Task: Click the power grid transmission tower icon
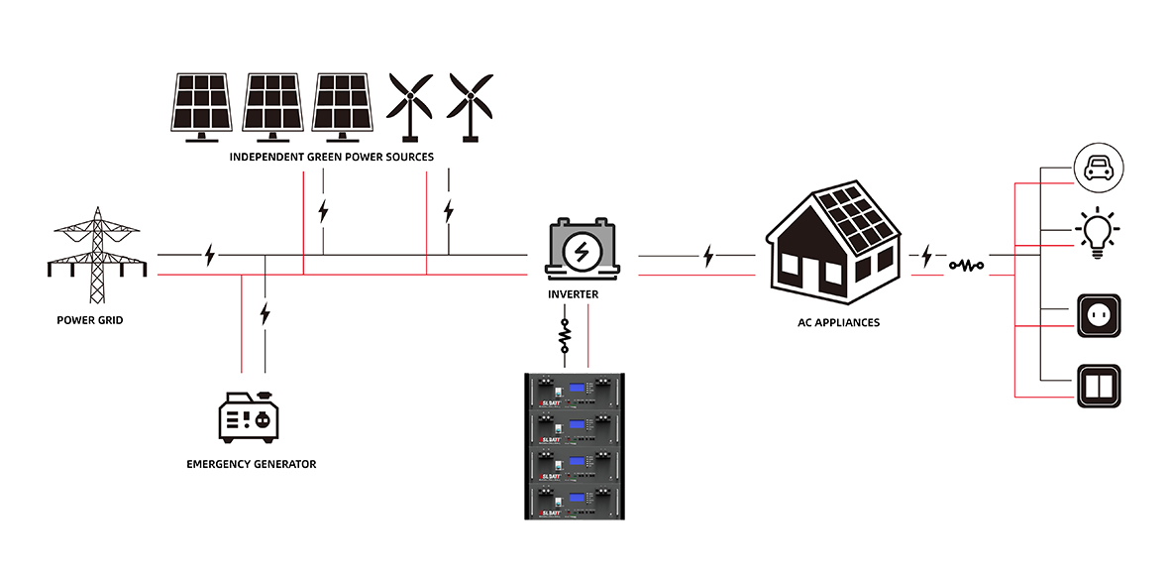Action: click(97, 256)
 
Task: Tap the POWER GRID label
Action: click(89, 320)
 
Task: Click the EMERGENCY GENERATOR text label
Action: click(252, 464)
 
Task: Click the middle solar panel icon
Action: click(271, 104)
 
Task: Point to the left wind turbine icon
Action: click(409, 104)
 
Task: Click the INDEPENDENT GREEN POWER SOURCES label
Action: click(331, 158)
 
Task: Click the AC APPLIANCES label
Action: click(838, 322)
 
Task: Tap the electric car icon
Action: click(1098, 167)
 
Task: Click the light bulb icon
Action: click(1098, 234)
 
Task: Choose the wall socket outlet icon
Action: click(1098, 316)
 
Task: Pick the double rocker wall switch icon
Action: click(1098, 386)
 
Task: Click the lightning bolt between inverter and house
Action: click(707, 257)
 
